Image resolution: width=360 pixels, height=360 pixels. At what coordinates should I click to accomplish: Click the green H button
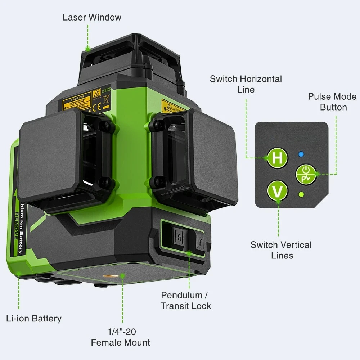[276, 158]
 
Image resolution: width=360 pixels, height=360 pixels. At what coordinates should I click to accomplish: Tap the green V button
[277, 191]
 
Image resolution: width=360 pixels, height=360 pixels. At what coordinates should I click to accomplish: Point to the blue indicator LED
[301, 155]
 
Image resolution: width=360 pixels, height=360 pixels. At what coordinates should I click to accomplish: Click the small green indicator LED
[302, 195]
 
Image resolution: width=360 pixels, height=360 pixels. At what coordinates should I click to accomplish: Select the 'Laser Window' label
[92, 17]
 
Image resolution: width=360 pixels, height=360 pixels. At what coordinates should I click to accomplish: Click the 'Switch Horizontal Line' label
[246, 84]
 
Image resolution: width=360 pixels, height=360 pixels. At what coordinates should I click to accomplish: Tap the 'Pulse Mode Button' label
[332, 102]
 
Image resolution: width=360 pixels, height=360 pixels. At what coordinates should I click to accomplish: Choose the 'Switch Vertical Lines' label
[281, 250]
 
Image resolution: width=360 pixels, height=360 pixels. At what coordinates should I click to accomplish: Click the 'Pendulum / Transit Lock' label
[186, 301]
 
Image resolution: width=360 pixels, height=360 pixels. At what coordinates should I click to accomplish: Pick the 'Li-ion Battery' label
[34, 318]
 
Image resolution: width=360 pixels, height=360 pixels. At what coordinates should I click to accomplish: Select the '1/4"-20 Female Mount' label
[120, 337]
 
